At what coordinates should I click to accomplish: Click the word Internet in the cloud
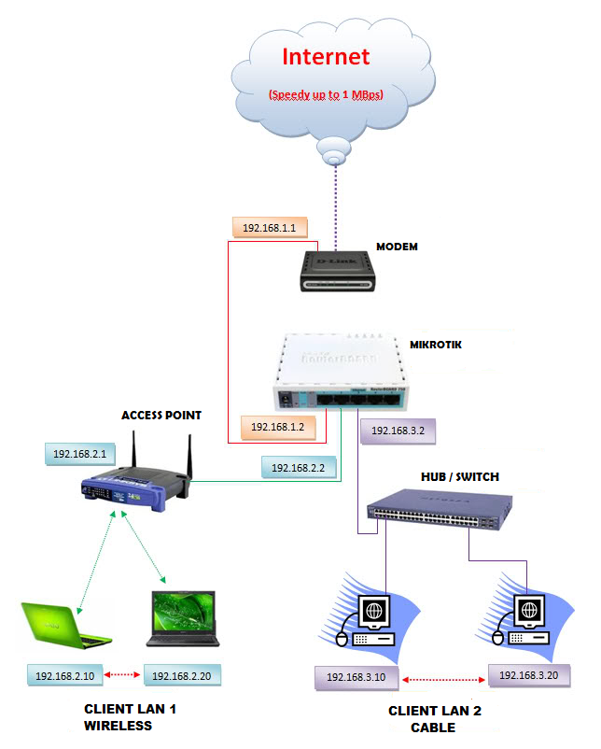pos(326,57)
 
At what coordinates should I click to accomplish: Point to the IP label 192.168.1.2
pos(277,427)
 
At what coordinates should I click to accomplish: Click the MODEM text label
pos(397,247)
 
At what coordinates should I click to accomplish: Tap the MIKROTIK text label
pos(438,345)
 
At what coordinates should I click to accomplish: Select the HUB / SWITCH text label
pos(458,476)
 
